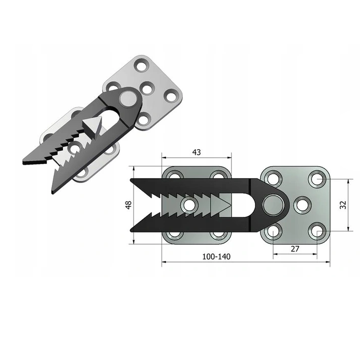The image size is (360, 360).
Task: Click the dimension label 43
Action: click(197, 152)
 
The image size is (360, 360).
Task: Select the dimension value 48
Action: click(128, 205)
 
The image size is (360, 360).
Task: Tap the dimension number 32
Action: click(343, 205)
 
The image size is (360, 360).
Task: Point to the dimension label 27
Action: click(295, 249)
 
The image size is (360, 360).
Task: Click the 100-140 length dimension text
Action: click(216, 256)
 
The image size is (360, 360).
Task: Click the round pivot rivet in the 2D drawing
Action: click(274, 205)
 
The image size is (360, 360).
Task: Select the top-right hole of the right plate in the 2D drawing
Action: click(317, 179)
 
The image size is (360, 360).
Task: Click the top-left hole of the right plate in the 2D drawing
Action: click(273, 178)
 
